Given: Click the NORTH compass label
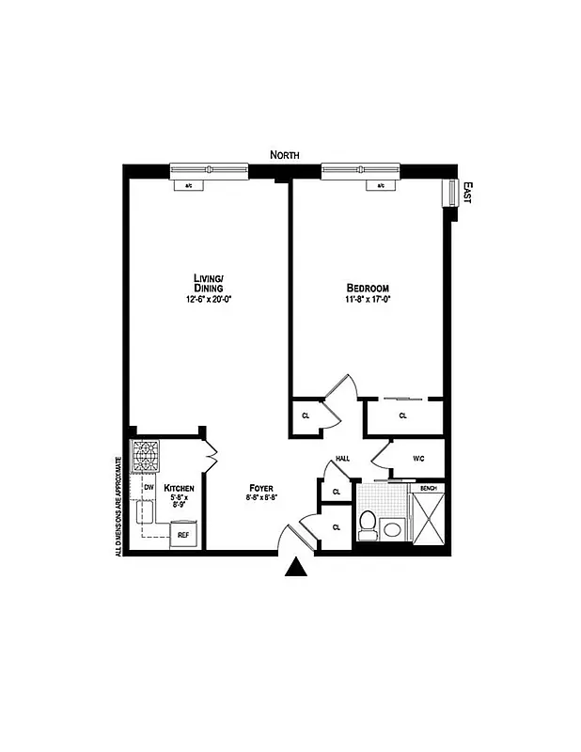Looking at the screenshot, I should click(x=284, y=154).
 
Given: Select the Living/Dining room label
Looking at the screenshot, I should click(x=208, y=283).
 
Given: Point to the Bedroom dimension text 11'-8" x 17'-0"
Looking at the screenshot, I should click(x=367, y=301).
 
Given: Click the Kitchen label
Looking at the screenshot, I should click(x=179, y=489).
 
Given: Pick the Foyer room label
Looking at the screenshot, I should click(x=261, y=488).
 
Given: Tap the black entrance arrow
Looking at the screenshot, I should click(x=296, y=566).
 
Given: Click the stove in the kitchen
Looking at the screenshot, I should click(x=146, y=456).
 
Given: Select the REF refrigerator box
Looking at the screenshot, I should click(x=183, y=535).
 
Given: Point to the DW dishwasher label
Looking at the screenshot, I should click(x=149, y=487).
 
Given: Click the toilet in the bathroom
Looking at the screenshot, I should click(x=368, y=524).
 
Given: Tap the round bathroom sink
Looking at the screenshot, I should click(x=392, y=530).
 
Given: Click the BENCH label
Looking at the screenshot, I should click(x=429, y=489).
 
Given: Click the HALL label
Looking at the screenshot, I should click(x=342, y=460).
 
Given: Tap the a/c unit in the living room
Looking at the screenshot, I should click(x=188, y=185).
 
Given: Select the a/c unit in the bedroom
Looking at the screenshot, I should click(x=381, y=185).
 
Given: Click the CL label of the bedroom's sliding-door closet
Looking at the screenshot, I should click(x=402, y=415).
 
